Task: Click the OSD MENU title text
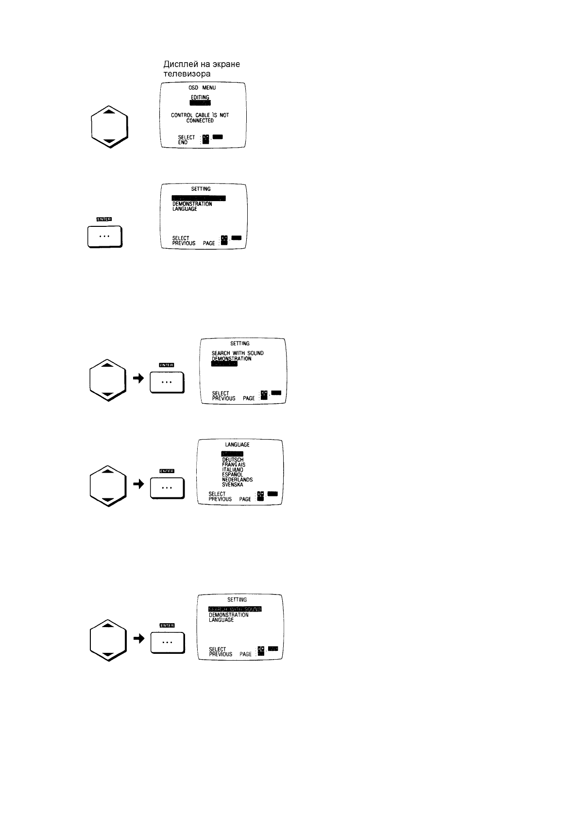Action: [x=202, y=88]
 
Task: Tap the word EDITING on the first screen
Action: [x=200, y=97]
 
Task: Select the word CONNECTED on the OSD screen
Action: [x=200, y=120]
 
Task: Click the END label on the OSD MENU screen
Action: [x=183, y=143]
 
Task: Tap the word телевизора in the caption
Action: [x=187, y=74]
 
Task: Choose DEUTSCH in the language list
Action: [x=233, y=460]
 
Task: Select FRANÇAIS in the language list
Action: [x=234, y=465]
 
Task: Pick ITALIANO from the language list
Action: [x=233, y=470]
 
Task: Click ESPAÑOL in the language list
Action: [x=232, y=475]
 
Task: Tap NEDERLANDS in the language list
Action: [x=237, y=479]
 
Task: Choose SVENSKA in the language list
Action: [x=233, y=485]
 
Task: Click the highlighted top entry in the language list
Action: [x=232, y=454]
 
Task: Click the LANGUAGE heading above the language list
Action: [x=237, y=444]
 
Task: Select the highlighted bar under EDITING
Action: [x=200, y=103]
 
